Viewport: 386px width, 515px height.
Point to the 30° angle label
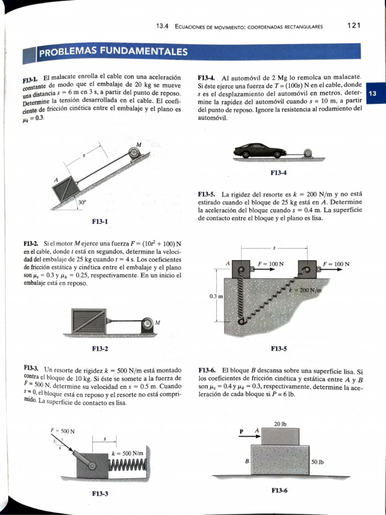point(82,202)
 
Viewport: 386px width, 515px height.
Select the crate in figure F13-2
point(88,321)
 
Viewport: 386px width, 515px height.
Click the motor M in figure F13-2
point(147,325)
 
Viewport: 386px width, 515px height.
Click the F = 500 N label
point(63,431)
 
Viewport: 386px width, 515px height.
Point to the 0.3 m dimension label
point(216,296)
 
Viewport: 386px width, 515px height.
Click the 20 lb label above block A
point(280,423)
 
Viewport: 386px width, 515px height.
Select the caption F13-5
point(278,348)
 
